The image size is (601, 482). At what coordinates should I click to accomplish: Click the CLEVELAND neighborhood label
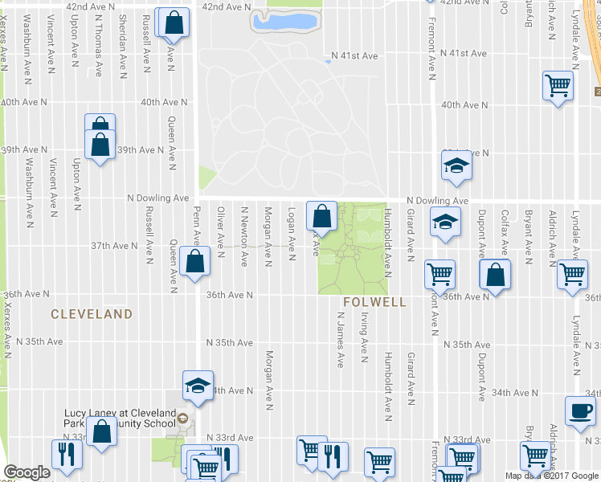click(x=92, y=313)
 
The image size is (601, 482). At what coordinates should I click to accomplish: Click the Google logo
click(x=27, y=472)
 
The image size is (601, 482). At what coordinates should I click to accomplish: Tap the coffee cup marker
click(x=580, y=411)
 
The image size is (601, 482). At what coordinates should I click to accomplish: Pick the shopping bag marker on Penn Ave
click(x=195, y=261)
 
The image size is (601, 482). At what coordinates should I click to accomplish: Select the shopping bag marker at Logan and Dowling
click(x=321, y=215)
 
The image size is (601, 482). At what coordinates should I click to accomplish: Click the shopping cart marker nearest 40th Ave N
click(x=558, y=85)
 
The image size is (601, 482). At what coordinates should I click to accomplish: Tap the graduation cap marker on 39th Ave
click(x=456, y=165)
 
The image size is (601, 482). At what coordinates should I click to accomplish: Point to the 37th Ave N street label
click(x=114, y=245)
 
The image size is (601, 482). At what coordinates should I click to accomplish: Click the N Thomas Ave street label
click(x=98, y=37)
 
